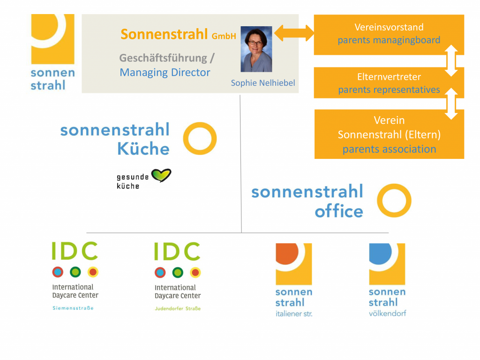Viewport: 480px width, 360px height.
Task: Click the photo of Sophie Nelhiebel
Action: pos(256,49)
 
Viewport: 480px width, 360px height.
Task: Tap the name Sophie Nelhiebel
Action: pos(263,83)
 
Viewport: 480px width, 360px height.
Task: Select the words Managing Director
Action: pos(165,73)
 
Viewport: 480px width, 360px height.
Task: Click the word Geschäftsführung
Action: pos(163,58)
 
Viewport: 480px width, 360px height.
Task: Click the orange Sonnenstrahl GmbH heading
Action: pos(178,34)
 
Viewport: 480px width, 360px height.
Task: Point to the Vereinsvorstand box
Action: pos(389,35)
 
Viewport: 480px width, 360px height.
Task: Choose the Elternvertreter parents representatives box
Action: pos(389,82)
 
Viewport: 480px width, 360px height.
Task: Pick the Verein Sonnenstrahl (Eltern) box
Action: pos(389,134)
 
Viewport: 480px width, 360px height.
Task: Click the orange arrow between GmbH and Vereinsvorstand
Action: pos(294,33)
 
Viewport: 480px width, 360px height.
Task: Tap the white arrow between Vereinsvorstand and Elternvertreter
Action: pos(451,60)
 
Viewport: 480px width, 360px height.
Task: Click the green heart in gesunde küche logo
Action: pos(161,175)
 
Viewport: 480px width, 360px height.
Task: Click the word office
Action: pos(339,211)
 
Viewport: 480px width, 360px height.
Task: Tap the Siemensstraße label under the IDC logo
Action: pos(73,308)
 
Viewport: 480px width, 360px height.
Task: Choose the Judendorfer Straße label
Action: pos(178,308)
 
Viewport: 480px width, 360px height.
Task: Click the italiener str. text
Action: pos(294,314)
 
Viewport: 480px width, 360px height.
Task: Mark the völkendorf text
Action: pos(387,313)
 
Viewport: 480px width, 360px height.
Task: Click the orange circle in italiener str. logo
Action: pos(287,253)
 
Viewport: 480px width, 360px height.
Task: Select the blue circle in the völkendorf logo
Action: pos(380,253)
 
